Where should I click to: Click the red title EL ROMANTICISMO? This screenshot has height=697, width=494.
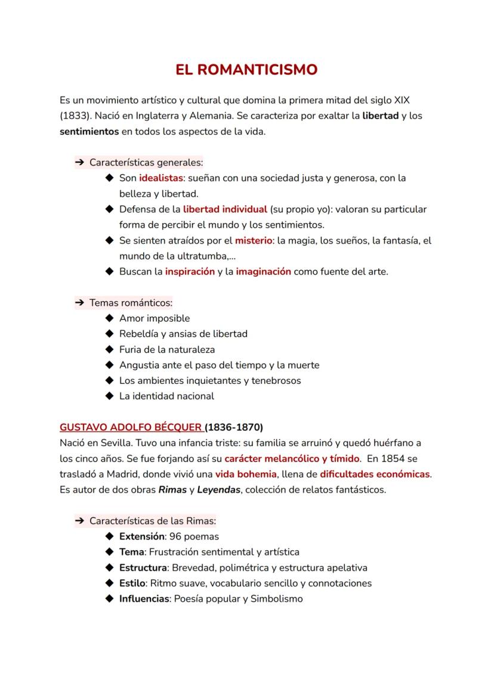[246, 70]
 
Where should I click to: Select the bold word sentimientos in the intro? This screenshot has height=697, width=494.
[89, 131]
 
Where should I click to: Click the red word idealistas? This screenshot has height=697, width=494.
[160, 178]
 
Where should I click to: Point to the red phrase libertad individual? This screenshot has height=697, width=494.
[225, 209]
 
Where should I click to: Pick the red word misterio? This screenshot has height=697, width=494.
[253, 241]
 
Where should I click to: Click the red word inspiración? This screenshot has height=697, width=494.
[190, 271]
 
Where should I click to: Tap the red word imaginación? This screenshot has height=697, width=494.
[263, 271]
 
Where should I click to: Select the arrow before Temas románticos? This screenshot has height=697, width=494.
[79, 303]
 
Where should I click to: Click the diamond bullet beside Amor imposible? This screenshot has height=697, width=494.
[109, 318]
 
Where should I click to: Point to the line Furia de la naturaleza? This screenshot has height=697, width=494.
[167, 349]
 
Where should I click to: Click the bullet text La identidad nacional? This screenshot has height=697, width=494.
[166, 396]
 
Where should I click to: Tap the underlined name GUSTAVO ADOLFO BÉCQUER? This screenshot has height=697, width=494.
[131, 428]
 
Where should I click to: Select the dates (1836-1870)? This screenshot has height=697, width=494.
[234, 428]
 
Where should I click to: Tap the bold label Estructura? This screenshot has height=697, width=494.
[143, 568]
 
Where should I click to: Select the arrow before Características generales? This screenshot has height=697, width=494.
[79, 162]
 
